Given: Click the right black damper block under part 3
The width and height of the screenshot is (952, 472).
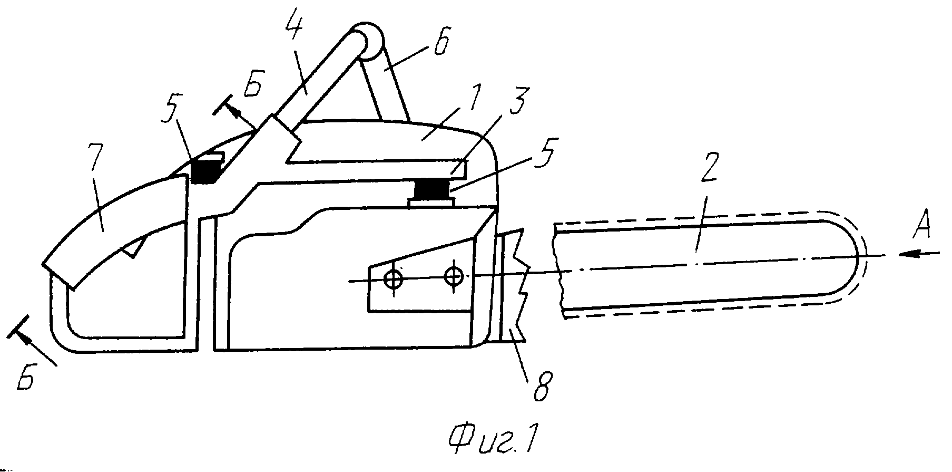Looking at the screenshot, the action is coord(430,189).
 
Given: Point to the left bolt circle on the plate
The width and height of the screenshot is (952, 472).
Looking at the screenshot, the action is coord(394,279).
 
